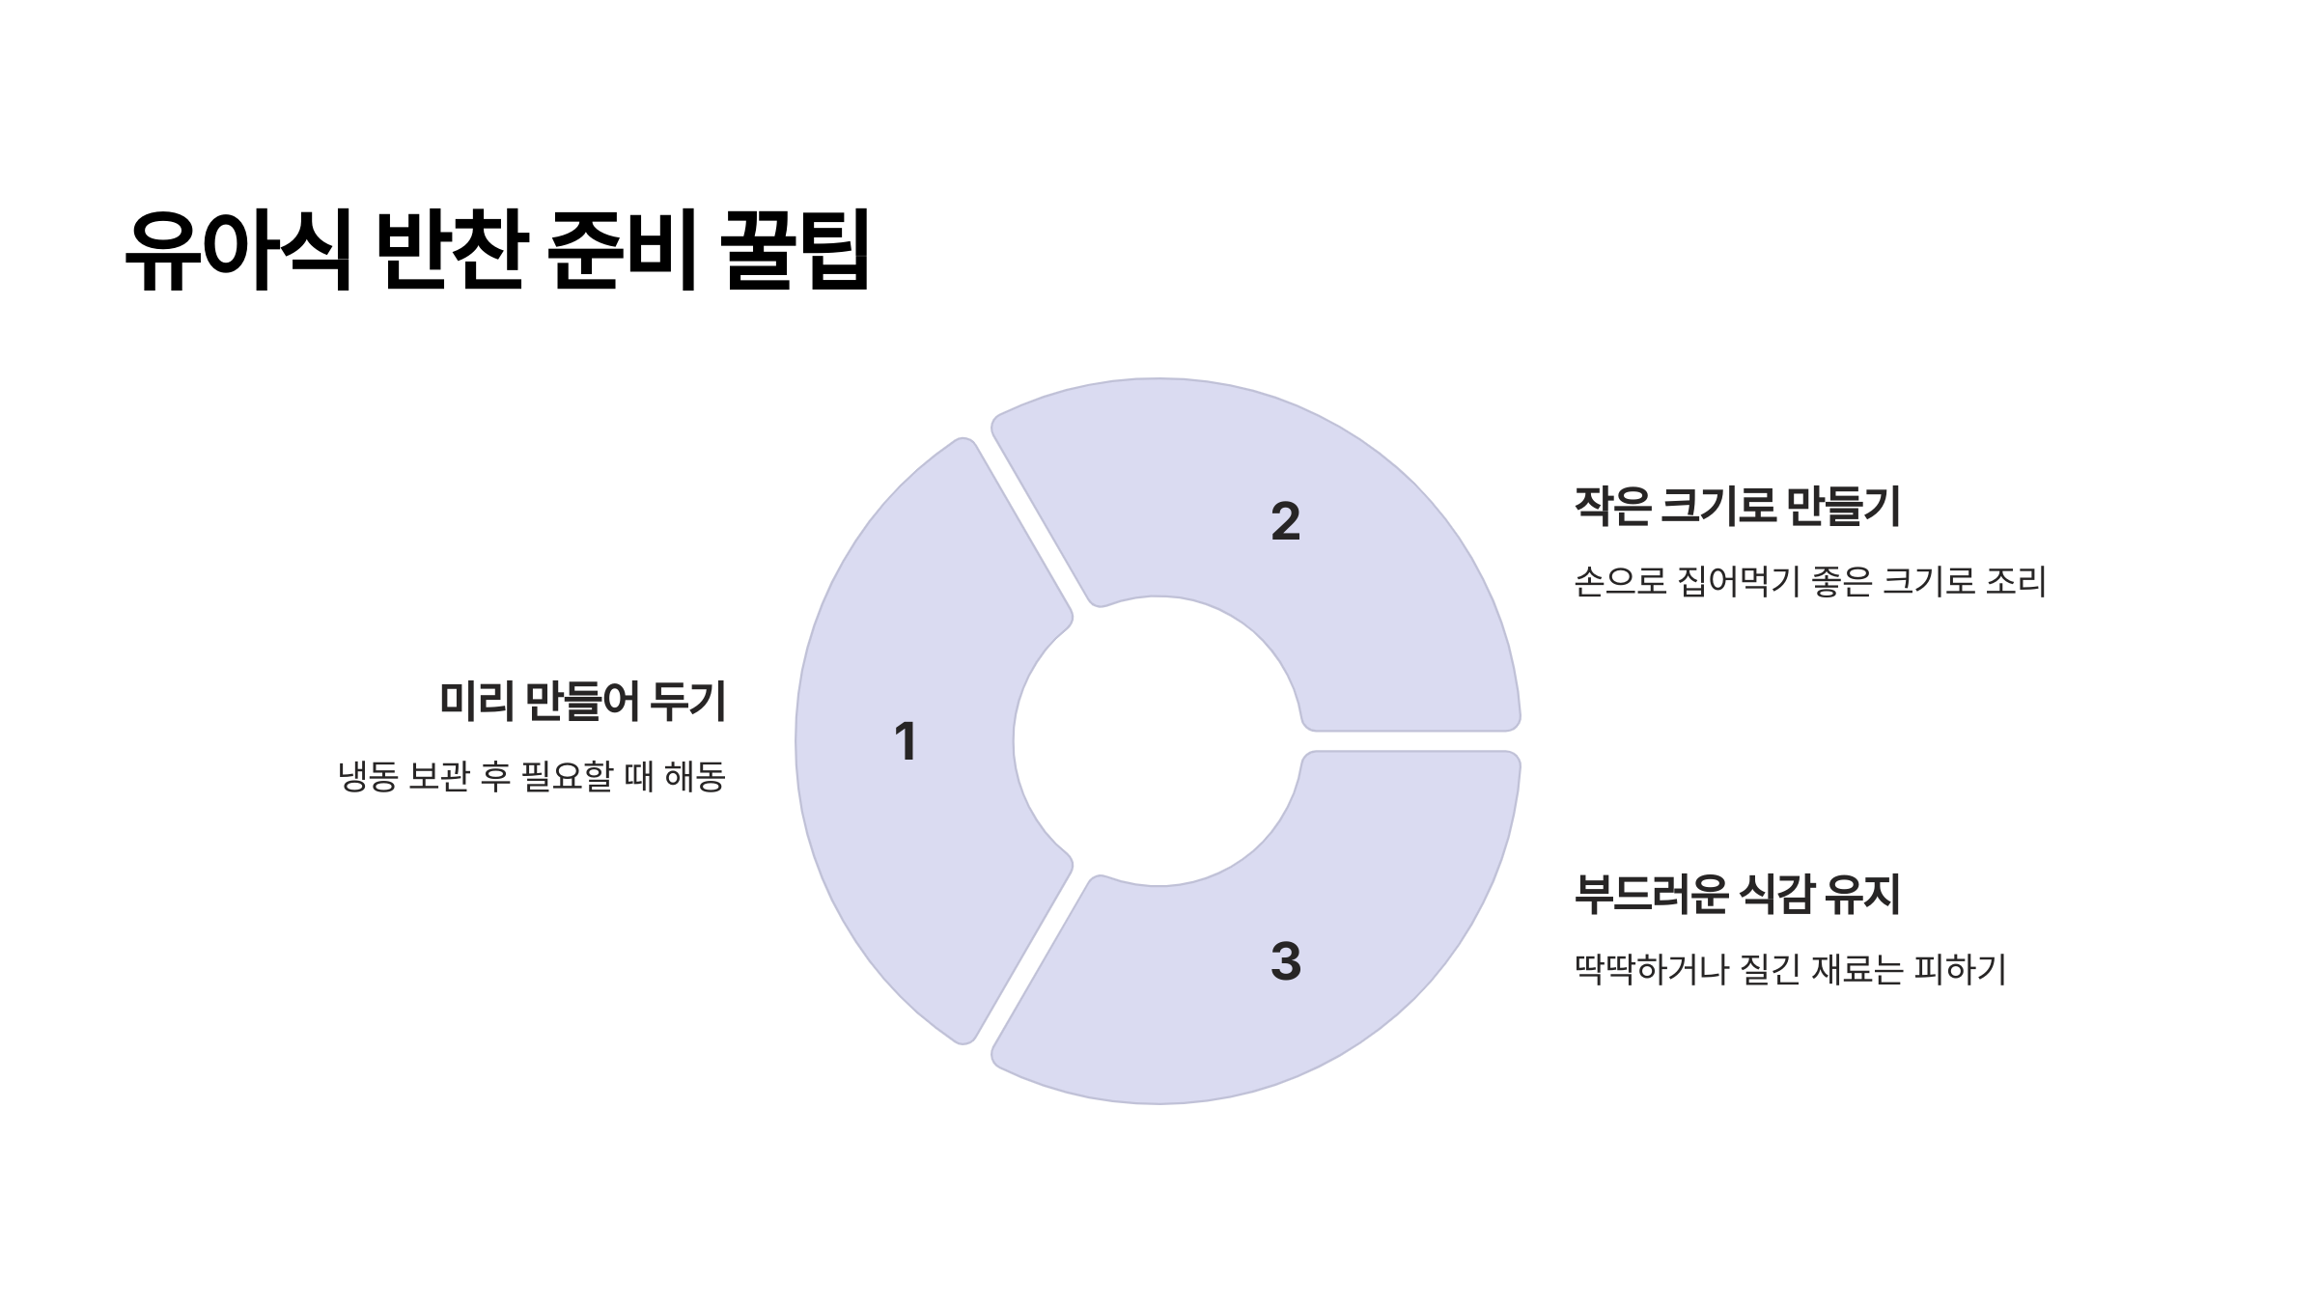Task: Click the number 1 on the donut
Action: click(x=905, y=742)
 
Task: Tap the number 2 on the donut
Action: click(x=1285, y=522)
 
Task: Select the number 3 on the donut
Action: click(x=1285, y=961)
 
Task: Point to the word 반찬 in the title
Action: click(x=450, y=250)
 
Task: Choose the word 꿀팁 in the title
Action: click(x=796, y=250)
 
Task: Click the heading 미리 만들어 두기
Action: click(x=582, y=702)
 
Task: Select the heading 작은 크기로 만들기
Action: click(x=1737, y=507)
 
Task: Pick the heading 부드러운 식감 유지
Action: click(x=1737, y=895)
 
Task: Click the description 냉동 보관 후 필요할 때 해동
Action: click(x=531, y=777)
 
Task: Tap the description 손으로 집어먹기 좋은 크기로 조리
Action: click(x=1810, y=582)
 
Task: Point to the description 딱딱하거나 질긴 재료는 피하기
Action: click(x=1790, y=969)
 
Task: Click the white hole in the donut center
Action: click(x=1158, y=741)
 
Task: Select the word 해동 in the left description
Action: click(x=695, y=777)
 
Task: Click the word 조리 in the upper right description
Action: click(x=2016, y=582)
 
